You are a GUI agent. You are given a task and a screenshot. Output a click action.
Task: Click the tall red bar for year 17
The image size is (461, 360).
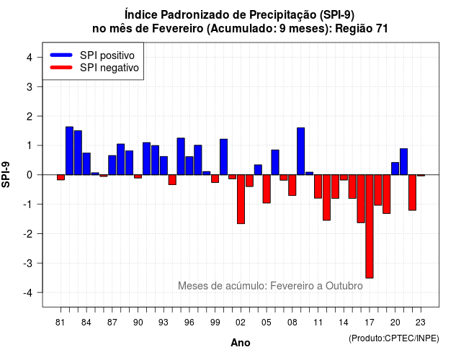coord(370,226)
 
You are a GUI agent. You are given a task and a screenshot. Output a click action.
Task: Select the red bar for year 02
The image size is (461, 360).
coord(241,199)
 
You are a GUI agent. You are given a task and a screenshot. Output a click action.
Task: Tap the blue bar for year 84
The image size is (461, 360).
coord(86,163)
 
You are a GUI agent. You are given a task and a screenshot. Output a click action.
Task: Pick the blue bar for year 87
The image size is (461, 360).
coord(112,165)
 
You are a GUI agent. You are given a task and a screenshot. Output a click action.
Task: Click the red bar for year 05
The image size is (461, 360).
coord(267,189)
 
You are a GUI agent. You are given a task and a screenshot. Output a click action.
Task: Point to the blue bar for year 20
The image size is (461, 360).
coord(395,168)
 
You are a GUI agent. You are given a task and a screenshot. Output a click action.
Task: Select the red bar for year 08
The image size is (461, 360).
coord(292,185)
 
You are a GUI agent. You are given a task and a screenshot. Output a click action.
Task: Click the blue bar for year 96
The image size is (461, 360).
coord(189,166)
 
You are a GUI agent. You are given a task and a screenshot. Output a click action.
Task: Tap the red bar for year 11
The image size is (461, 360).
coord(318,186)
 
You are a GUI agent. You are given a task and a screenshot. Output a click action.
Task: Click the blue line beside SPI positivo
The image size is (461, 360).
coord(61,55)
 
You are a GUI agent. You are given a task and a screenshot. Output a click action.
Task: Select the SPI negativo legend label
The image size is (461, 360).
coord(109,68)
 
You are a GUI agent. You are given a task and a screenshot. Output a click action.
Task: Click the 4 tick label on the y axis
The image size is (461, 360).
coord(29,57)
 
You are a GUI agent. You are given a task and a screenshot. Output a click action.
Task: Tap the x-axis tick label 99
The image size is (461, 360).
coord(215,323)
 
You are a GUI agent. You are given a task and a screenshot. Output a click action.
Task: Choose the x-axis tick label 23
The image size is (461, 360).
coord(421,323)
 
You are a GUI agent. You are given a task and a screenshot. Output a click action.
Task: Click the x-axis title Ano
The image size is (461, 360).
coord(241,343)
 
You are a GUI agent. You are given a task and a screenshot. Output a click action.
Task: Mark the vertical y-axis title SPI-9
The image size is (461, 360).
coord(6,174)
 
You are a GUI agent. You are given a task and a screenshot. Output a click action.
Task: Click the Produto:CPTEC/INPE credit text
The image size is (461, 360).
coord(394,338)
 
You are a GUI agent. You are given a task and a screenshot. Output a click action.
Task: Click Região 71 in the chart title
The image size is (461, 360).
coord(362,29)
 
